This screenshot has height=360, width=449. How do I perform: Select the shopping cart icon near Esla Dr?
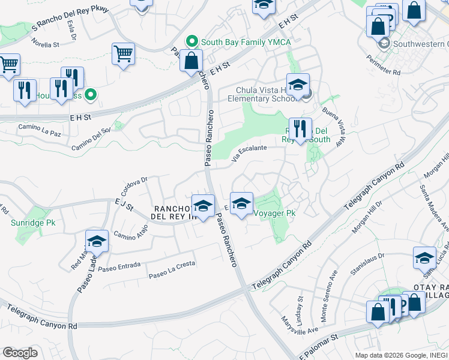tap(123, 54)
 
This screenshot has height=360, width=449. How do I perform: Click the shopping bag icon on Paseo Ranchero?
tap(191, 61)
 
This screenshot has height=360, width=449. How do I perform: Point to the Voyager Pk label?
tap(274, 213)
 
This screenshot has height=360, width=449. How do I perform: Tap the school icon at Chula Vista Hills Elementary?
tap(297, 85)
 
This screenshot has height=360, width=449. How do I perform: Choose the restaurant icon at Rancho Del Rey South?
tap(300, 128)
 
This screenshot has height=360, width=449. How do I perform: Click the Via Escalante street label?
tap(250, 151)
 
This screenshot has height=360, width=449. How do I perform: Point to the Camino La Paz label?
tap(40, 130)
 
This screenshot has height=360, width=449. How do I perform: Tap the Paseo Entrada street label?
tap(120, 266)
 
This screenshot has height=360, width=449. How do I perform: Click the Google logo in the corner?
tap(20, 353)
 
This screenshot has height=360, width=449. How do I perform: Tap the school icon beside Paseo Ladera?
tap(97, 241)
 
